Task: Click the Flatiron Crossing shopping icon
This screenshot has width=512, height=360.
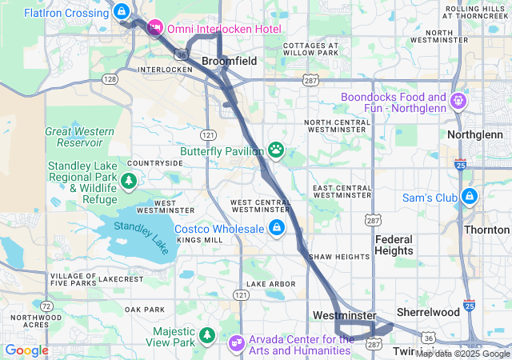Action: pos(121,12)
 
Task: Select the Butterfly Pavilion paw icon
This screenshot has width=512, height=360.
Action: pos(276,149)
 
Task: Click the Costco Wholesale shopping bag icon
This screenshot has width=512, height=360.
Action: pos(276,229)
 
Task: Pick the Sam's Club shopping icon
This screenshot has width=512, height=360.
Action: pos(469,196)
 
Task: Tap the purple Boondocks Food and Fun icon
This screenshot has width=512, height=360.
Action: pos(458,102)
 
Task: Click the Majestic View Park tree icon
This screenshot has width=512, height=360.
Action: pos(207,333)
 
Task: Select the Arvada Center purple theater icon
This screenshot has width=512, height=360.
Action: pos(237,343)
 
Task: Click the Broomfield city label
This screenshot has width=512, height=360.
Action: pos(228,61)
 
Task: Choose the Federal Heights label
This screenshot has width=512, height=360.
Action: pos(394,245)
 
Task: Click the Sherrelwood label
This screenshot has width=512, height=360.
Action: pos(429,312)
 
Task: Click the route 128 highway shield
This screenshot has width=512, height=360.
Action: pos(110,78)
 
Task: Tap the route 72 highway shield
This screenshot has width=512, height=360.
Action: pos(47,306)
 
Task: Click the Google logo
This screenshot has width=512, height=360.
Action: pos(27,350)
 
